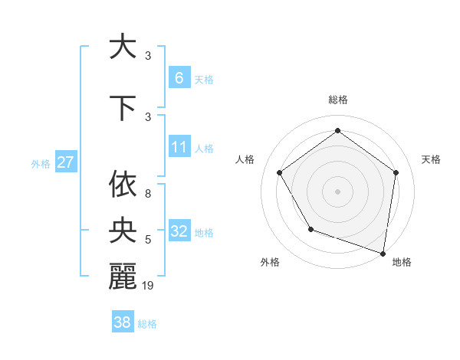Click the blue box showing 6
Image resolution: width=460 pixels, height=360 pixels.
point(179,78)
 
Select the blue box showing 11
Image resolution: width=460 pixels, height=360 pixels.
point(179,147)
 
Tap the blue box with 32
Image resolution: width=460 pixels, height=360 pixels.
point(179,231)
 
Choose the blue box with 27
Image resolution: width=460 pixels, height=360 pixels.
point(65,162)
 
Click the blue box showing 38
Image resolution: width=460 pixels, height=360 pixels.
point(122,322)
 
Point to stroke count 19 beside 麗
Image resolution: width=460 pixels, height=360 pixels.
point(149,286)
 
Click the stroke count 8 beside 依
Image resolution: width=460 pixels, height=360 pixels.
point(148,194)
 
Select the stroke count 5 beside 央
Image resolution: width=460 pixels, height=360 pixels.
point(148,241)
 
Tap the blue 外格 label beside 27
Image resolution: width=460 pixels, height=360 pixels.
point(41,163)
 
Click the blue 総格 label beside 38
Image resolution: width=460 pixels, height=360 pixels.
point(147,324)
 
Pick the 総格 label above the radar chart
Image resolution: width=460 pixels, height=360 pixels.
point(338,100)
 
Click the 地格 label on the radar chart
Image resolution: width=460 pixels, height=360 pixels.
point(402,262)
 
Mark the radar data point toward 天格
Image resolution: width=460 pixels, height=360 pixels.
point(396,172)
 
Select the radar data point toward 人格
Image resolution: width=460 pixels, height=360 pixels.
point(280,172)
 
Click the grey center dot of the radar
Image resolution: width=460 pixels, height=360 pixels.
point(337,191)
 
